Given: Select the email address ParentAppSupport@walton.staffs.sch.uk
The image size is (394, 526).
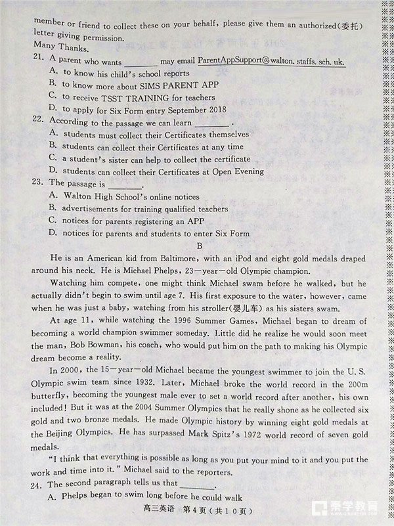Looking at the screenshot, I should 271,60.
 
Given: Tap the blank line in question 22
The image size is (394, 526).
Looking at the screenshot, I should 212,123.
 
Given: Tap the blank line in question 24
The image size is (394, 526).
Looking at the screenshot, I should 197,487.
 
